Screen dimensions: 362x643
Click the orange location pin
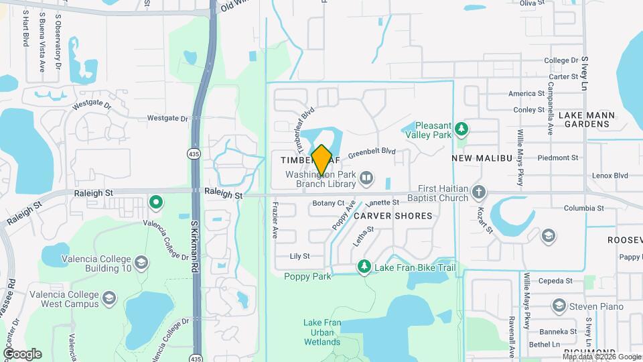pos(322,160)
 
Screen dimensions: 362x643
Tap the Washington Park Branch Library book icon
pos(366,178)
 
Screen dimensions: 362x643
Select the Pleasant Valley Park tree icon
pos(460,127)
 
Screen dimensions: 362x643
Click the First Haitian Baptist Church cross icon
pos(478,192)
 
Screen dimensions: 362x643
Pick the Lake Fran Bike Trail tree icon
pos(364,267)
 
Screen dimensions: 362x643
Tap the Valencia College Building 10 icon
pos(141,261)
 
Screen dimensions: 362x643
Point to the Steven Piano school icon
pos(559,306)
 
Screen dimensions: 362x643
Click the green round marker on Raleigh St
pos(156,201)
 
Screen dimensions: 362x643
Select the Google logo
pos(22,353)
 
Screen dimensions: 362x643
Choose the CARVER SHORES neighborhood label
pos(392,216)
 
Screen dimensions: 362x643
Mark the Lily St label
pos(299,256)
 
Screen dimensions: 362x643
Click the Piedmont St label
pos(561,158)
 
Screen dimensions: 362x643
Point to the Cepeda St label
pos(557,281)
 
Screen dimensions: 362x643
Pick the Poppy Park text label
pos(307,276)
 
